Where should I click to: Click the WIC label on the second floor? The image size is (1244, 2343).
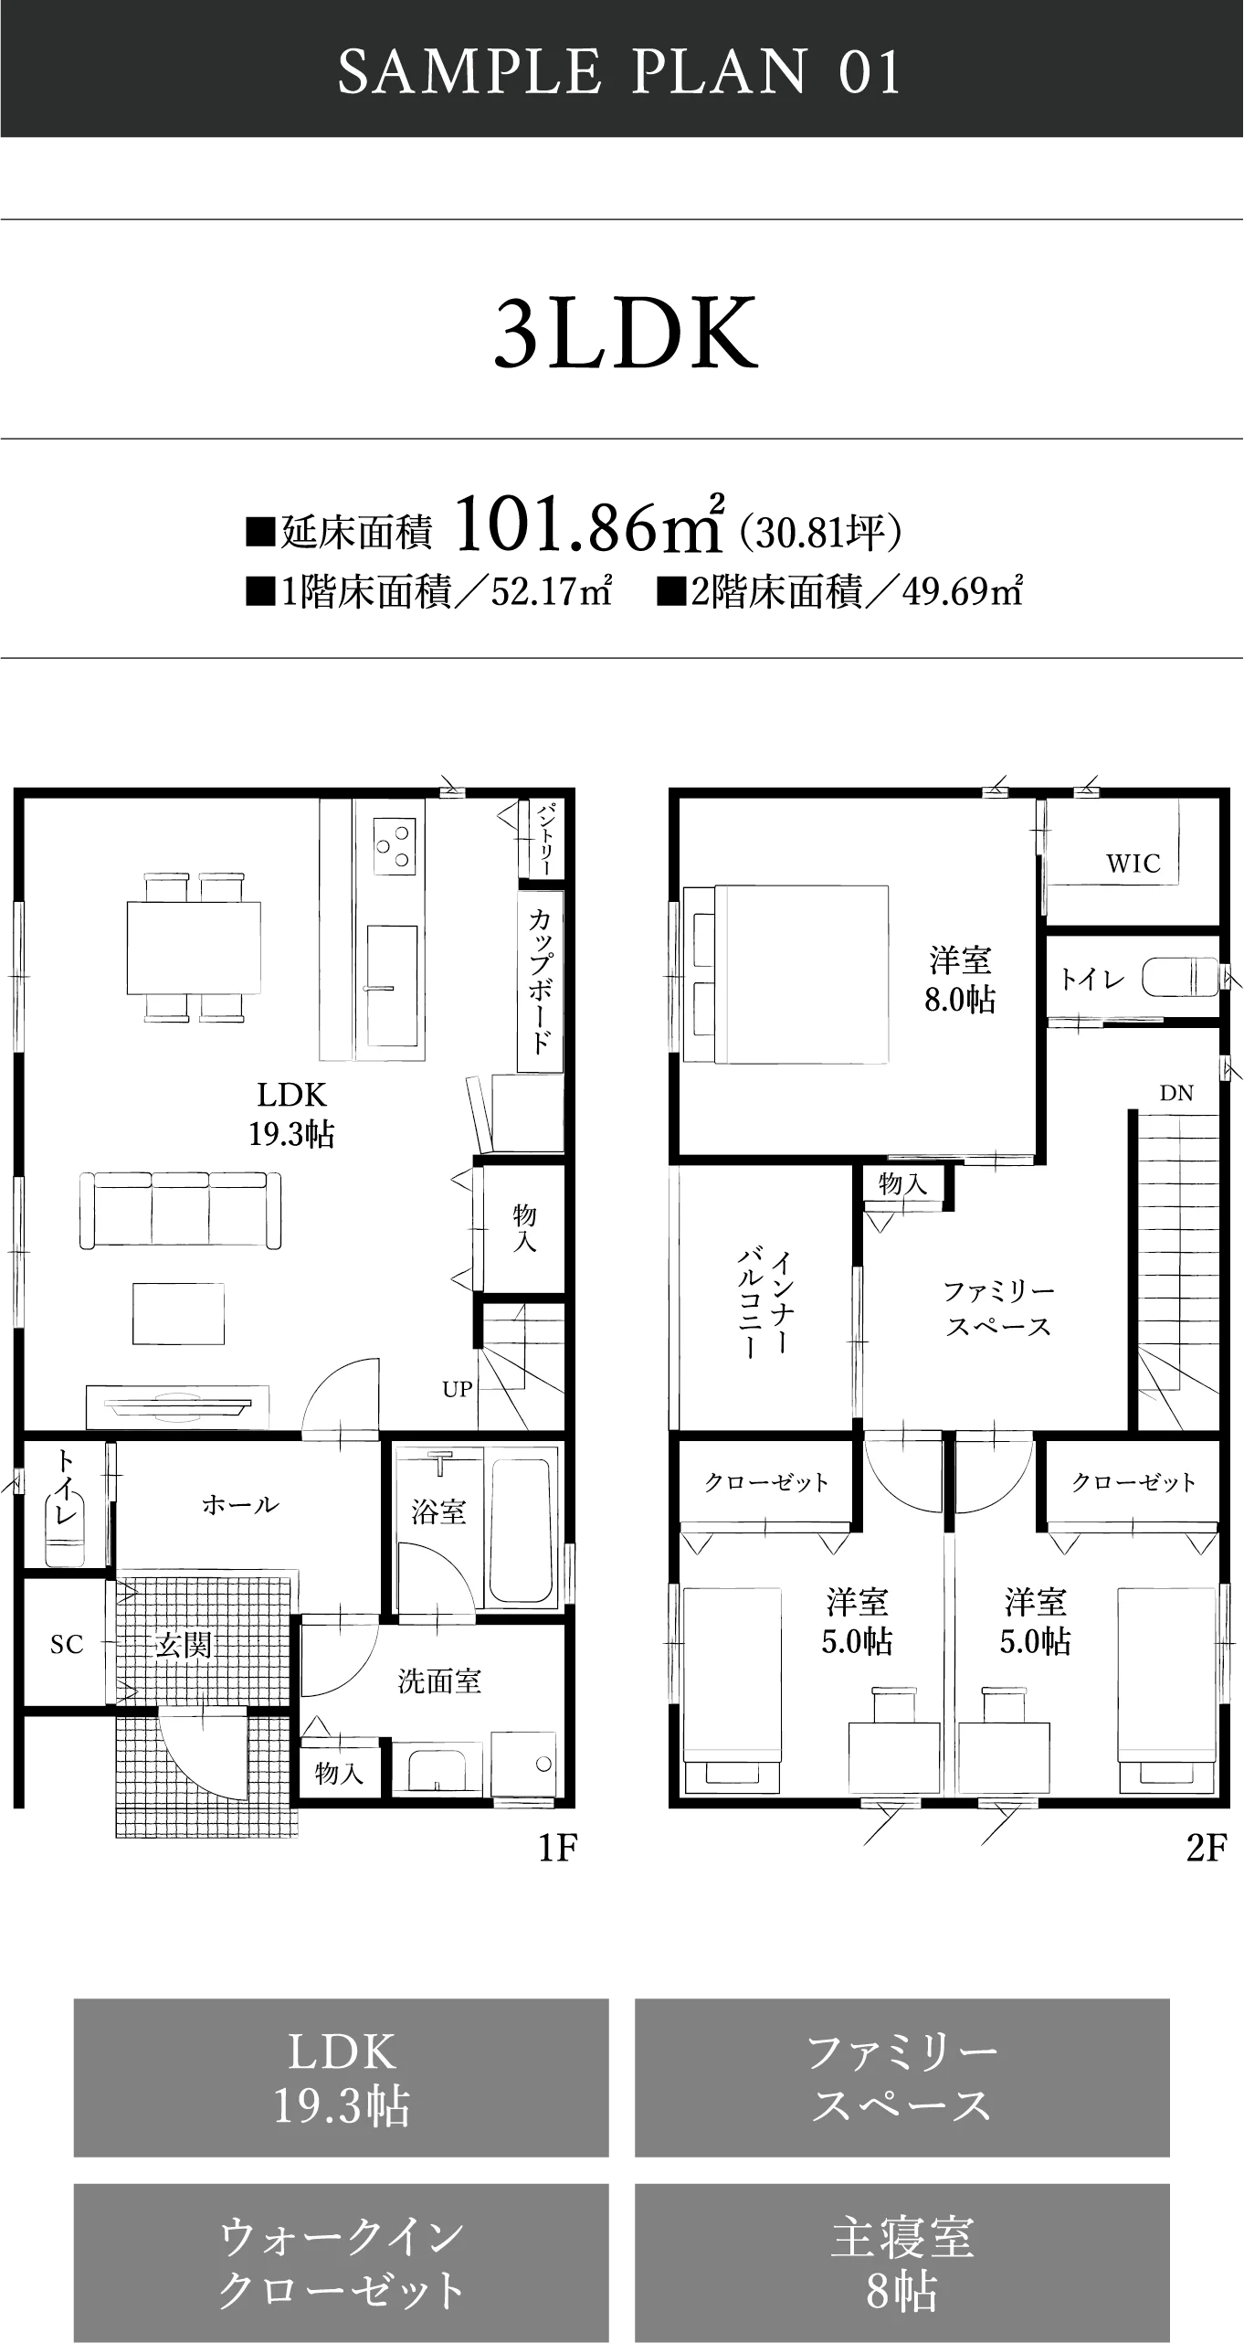[1133, 863]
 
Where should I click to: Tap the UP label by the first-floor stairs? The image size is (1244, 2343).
[457, 1390]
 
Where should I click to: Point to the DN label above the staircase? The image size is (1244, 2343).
[1176, 1093]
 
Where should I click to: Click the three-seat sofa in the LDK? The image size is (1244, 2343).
[180, 1210]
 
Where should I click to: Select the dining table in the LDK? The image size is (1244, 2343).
[194, 948]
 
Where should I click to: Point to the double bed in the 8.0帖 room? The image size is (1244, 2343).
[786, 974]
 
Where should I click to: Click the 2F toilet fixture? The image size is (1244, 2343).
[1180, 978]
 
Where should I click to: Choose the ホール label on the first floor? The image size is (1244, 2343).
[240, 1504]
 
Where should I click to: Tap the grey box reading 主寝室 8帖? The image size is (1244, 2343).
[902, 2263]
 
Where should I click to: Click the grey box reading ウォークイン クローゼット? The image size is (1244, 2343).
[341, 2263]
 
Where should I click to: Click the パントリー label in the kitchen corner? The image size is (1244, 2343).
[543, 838]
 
